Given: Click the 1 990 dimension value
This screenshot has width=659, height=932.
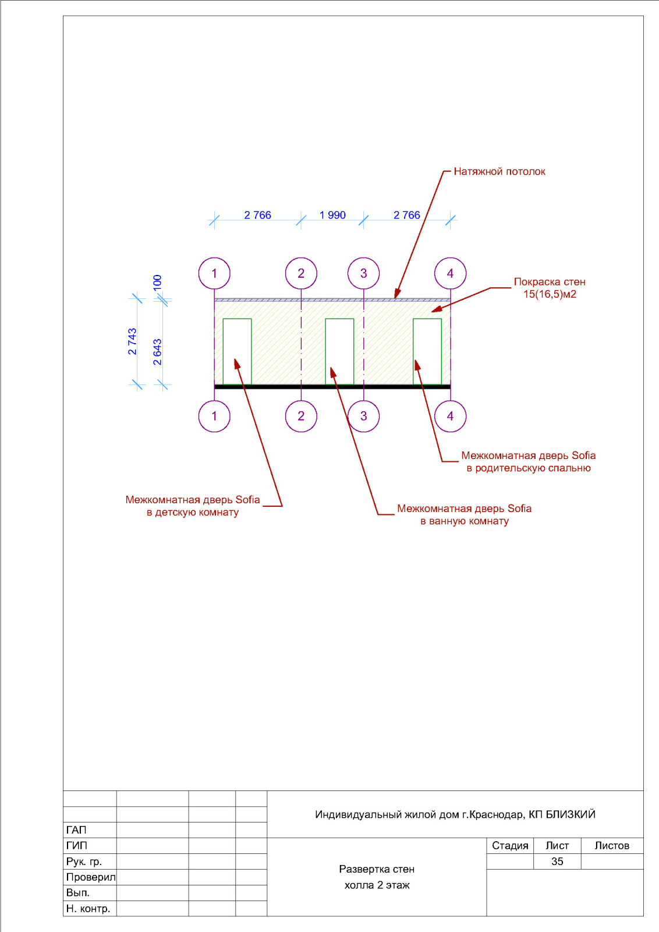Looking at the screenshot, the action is pos(332,215).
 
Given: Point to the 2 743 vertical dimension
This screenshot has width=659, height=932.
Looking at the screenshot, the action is pos(132,341).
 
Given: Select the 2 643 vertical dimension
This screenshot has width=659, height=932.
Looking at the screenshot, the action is pos(157,352).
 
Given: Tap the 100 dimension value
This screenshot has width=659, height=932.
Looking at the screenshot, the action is pos(157,283).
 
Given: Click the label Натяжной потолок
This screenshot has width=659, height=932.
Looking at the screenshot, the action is pos(499,171).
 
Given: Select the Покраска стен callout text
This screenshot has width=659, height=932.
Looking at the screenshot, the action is pos(550,288).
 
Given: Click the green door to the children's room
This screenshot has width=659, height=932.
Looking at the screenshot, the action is pos(224,352).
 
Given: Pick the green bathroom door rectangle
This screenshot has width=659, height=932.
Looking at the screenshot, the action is pos(325,352).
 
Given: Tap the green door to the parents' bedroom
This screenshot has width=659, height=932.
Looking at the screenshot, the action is pos(413,352).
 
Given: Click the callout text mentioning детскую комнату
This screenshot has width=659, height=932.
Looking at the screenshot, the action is pos(193,506).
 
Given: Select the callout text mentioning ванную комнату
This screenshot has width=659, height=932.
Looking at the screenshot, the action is pos(464,515).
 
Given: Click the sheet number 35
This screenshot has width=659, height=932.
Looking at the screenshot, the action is pos(557,862).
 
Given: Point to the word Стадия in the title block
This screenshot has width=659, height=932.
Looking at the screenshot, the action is pos(510,845).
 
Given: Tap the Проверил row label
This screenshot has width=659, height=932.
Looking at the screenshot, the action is pos(91,877).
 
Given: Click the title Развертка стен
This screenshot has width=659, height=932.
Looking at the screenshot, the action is pos(377,869).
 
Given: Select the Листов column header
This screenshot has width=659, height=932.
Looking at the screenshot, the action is pos(612,845).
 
